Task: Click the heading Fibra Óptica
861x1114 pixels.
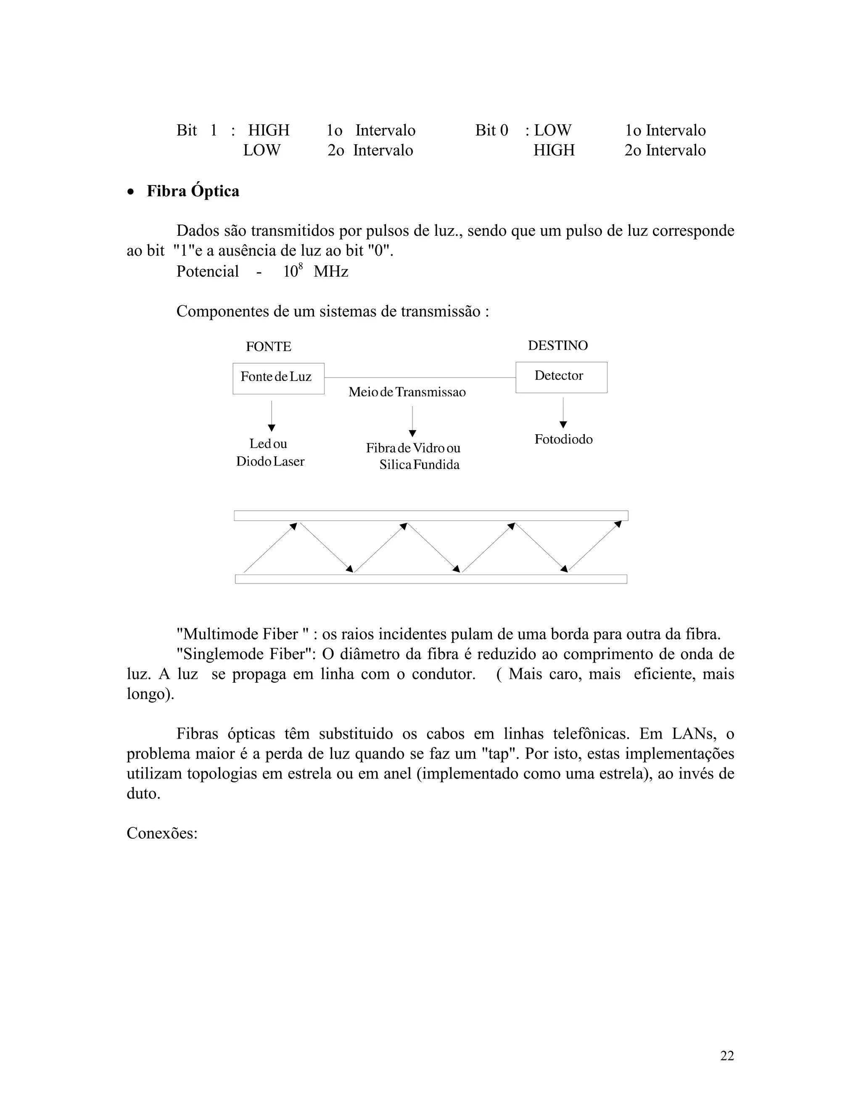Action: [x=193, y=191]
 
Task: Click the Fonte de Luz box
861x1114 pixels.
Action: [x=278, y=378]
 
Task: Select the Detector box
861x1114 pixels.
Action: [x=561, y=377]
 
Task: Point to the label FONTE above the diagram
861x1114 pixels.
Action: [x=268, y=347]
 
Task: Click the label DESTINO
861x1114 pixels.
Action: [x=557, y=346]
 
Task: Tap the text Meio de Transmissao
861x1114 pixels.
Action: [x=407, y=392]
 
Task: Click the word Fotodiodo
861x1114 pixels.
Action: [x=563, y=439]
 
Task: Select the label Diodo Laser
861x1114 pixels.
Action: [x=270, y=462]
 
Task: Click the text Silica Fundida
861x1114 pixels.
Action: [x=419, y=465]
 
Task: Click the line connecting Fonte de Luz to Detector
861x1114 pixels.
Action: [x=419, y=378]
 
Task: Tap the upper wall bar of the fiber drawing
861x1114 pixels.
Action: [x=431, y=516]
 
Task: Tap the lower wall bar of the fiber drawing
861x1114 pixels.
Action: [x=431, y=579]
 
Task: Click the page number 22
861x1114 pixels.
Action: [x=727, y=1056]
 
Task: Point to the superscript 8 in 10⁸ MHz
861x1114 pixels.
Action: [x=301, y=265]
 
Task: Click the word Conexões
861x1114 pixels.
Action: [x=162, y=834]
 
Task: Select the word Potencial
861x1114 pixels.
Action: [x=207, y=272]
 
